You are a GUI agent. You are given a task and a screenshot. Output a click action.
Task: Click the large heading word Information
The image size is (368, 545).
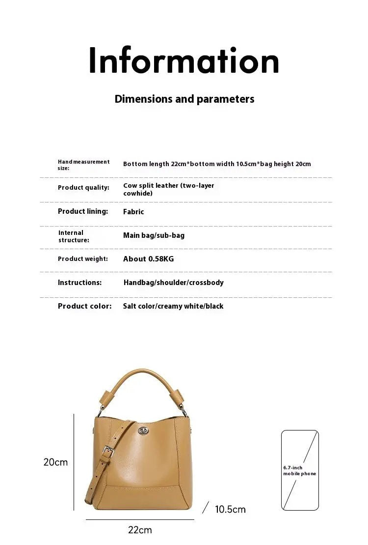[184, 61]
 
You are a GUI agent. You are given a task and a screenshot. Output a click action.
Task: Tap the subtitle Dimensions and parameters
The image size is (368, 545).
[184, 99]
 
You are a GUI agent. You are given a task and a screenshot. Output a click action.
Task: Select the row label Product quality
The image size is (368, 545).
[83, 188]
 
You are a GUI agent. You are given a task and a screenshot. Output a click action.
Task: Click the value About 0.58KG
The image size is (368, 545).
[148, 259]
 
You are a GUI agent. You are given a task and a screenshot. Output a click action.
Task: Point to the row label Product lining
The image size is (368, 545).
[83, 211]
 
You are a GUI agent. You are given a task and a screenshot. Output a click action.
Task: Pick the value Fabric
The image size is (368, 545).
[133, 212]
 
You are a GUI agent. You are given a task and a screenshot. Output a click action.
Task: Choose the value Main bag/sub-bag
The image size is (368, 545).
[154, 235]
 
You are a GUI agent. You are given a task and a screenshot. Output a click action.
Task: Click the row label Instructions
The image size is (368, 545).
[79, 283]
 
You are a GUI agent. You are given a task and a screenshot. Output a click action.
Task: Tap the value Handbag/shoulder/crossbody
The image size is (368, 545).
[173, 283]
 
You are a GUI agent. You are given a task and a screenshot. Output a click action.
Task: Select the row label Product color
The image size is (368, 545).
[84, 306]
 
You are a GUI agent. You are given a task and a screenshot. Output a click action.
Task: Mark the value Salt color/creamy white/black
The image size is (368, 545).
[173, 306]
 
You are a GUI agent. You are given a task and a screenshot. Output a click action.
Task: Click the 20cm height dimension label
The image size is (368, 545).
[55, 462]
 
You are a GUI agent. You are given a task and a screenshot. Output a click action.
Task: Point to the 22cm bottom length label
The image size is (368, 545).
[140, 530]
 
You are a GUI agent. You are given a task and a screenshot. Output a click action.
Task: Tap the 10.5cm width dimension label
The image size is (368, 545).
[230, 509]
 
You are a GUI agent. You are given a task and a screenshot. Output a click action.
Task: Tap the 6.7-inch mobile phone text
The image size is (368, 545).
[299, 470]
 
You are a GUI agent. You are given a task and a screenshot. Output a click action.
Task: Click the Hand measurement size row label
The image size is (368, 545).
[83, 165]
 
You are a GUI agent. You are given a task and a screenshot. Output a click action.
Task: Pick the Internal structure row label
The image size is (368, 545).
[74, 236]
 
